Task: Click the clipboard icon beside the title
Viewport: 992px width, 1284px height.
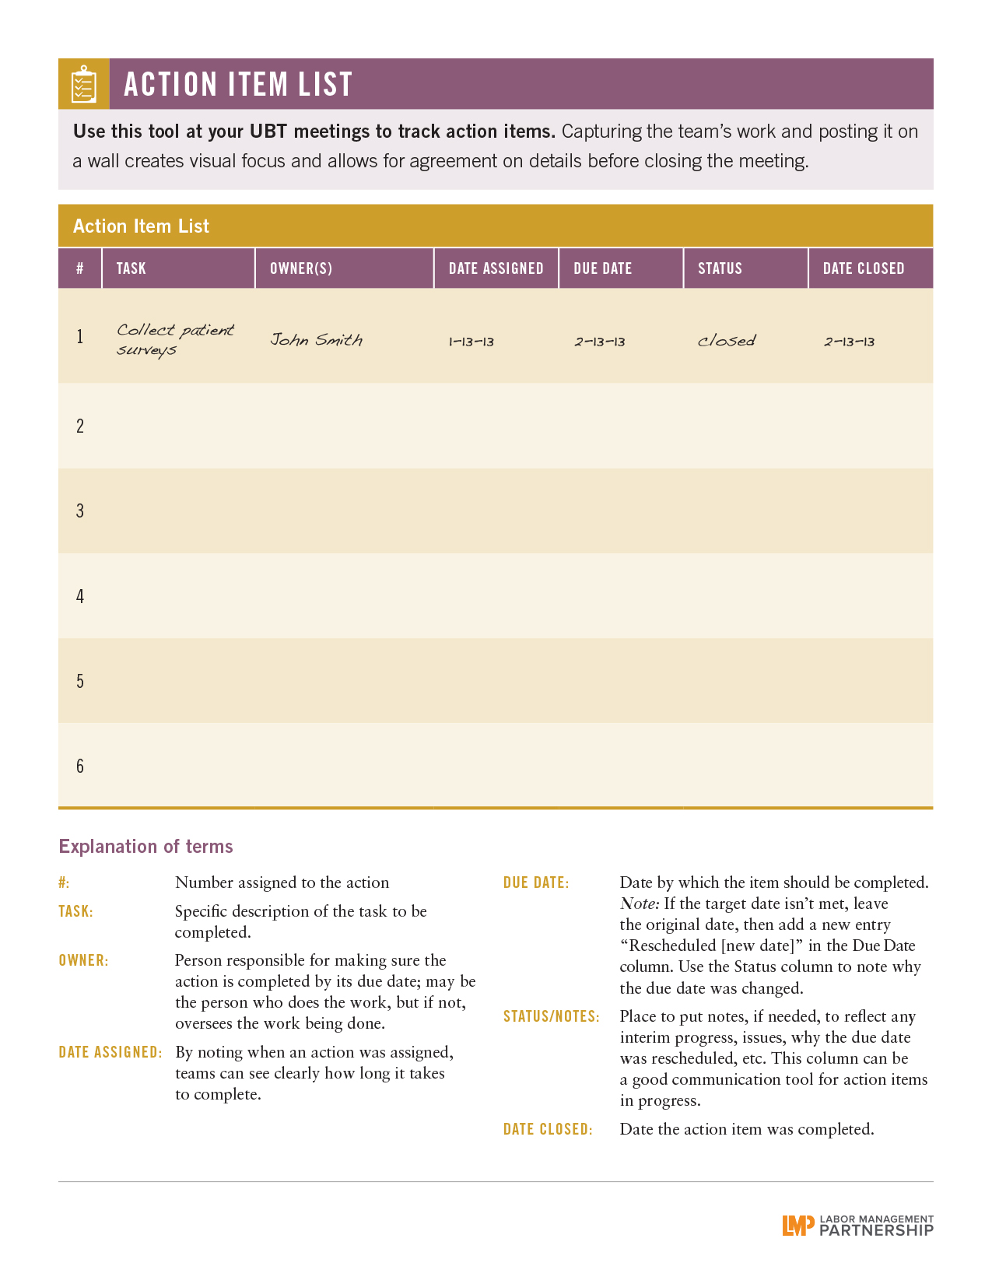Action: [x=83, y=84]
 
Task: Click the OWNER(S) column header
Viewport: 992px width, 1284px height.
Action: [x=301, y=268]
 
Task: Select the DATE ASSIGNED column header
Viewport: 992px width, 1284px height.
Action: [x=496, y=268]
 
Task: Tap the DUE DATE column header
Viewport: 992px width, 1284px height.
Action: [x=602, y=268]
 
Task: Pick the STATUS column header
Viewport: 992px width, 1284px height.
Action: [x=720, y=268]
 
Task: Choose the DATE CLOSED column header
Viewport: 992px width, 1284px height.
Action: [x=864, y=268]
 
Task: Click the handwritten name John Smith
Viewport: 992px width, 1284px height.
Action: [x=316, y=340]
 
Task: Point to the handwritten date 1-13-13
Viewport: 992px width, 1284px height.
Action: [x=471, y=342]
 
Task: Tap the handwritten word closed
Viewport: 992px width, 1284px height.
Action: [x=726, y=341]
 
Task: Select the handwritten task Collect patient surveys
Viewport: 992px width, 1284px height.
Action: [x=174, y=339]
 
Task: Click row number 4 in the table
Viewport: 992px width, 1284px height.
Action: [x=80, y=597]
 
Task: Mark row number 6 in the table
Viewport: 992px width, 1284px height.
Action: [x=80, y=767]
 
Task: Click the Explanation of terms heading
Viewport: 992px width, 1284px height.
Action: [x=145, y=847]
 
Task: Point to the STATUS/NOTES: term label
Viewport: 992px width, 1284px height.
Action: [x=551, y=1016]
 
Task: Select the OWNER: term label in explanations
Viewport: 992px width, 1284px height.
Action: [x=83, y=960]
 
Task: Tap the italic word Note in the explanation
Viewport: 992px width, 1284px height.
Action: [x=639, y=904]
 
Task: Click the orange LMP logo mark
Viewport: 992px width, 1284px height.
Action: [x=797, y=1226]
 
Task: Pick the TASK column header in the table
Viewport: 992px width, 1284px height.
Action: [x=131, y=268]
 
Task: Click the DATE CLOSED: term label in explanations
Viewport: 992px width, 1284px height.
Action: [x=548, y=1129]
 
